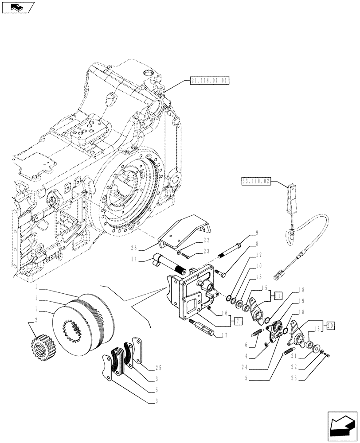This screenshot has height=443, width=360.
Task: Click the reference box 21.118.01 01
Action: pos(209,81)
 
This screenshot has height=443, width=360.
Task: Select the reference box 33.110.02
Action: pos(256,181)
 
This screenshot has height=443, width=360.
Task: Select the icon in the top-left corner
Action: pos(17,8)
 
